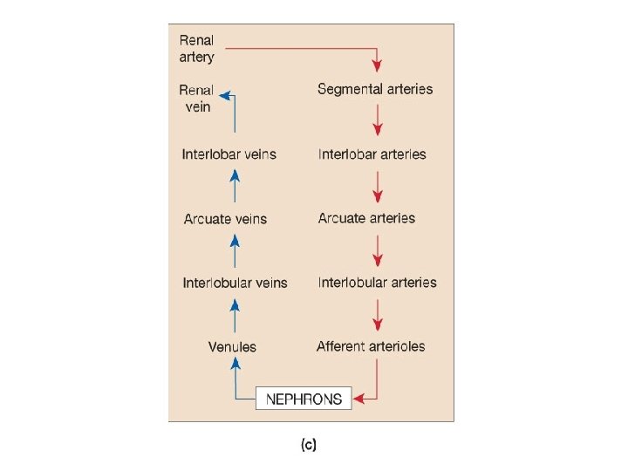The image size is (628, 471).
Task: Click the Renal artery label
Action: pyautogui.click(x=196, y=49)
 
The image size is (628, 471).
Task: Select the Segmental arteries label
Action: pyautogui.click(x=375, y=89)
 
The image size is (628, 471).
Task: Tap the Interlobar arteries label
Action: pyautogui.click(x=372, y=154)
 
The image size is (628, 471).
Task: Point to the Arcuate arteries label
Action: pyautogui.click(x=366, y=218)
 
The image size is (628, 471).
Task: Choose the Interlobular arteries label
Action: pyautogui.click(x=378, y=283)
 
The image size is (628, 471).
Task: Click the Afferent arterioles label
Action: pyautogui.click(x=371, y=346)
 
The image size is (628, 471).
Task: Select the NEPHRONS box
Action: pyautogui.click(x=304, y=399)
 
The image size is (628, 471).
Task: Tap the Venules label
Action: pyautogui.click(x=232, y=347)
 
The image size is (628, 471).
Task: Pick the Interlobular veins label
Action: pyautogui.click(x=235, y=283)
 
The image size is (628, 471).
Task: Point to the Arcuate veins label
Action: pyautogui.click(x=225, y=219)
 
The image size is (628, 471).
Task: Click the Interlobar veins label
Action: pyautogui.click(x=229, y=154)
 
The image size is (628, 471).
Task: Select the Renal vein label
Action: pyautogui.click(x=196, y=98)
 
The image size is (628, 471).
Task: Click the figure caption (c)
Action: pyautogui.click(x=309, y=445)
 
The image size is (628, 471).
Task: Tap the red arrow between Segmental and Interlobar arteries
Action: pyautogui.click(x=377, y=120)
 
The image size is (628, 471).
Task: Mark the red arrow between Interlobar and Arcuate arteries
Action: pyautogui.click(x=377, y=186)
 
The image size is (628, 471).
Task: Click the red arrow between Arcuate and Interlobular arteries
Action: pyautogui.click(x=377, y=250)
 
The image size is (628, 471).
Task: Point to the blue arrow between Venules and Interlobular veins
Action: pyautogui.click(x=234, y=315)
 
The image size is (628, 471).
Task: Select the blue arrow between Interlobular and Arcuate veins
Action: pyautogui.click(x=234, y=250)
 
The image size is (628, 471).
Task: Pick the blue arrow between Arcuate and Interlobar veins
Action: pyautogui.click(x=234, y=186)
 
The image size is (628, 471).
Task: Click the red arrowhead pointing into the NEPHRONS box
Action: pyautogui.click(x=359, y=399)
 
